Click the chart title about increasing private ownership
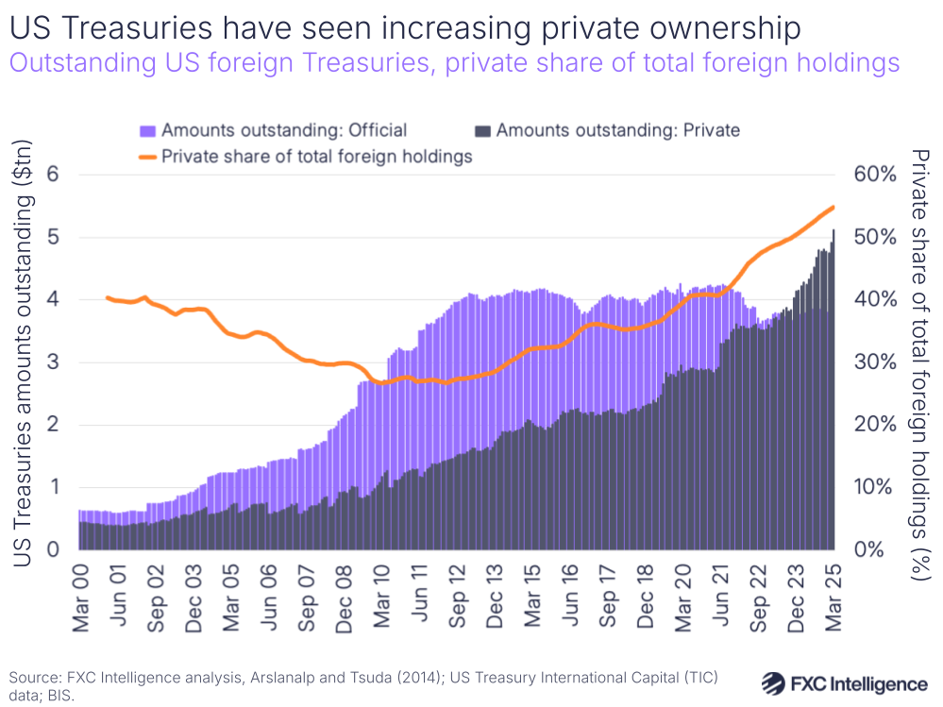[405, 27]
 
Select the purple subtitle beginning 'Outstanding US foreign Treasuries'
[454, 64]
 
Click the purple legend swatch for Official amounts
[148, 130]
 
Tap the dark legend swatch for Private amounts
[483, 130]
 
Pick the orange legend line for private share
[148, 157]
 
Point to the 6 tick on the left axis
[53, 175]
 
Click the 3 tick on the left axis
[53, 362]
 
